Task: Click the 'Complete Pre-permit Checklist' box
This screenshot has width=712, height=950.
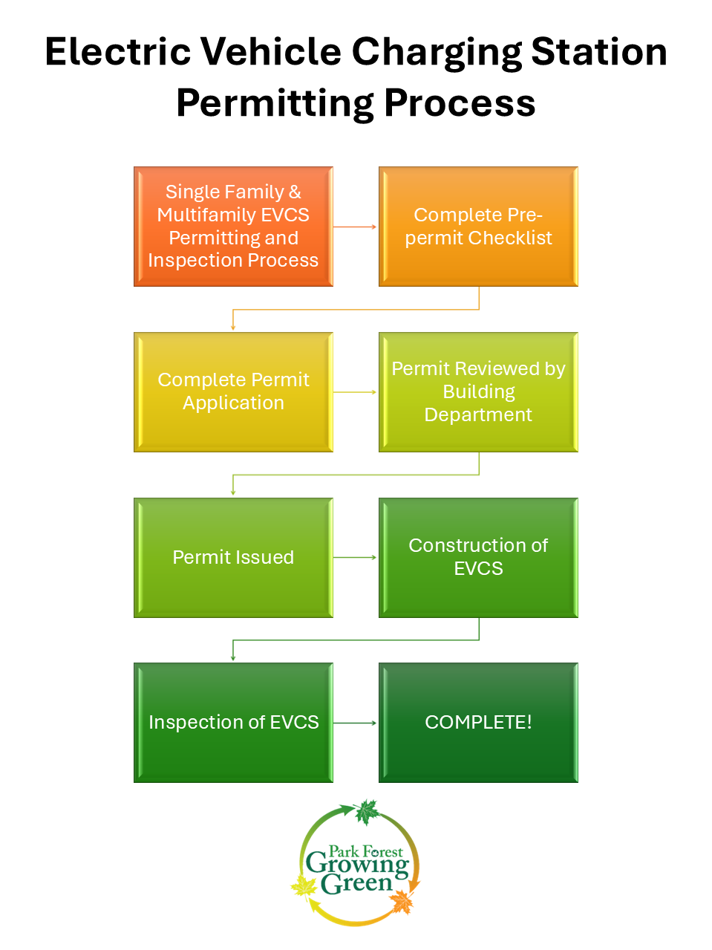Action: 478,227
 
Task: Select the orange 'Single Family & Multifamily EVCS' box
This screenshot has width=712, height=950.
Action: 233,227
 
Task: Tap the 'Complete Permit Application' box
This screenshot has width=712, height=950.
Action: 233,391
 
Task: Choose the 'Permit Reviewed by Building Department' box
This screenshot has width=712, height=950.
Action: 478,391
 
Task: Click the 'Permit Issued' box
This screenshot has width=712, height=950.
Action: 233,557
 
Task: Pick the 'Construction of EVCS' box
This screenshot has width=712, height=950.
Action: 478,557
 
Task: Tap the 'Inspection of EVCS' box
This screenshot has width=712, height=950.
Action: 233,722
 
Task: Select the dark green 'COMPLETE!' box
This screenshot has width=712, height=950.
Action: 478,722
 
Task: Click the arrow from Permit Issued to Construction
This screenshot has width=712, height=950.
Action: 356,557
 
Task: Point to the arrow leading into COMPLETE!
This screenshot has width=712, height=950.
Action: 356,722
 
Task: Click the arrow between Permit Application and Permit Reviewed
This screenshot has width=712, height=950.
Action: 356,391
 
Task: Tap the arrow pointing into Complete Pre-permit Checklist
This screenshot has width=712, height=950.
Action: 356,227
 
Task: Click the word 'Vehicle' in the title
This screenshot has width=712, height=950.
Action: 270,52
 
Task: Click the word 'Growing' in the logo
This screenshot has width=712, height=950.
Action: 357,865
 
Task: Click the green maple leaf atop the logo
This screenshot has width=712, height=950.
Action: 366,812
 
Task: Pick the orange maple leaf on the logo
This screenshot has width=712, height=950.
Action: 402,902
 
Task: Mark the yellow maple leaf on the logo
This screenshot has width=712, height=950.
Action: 304,885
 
